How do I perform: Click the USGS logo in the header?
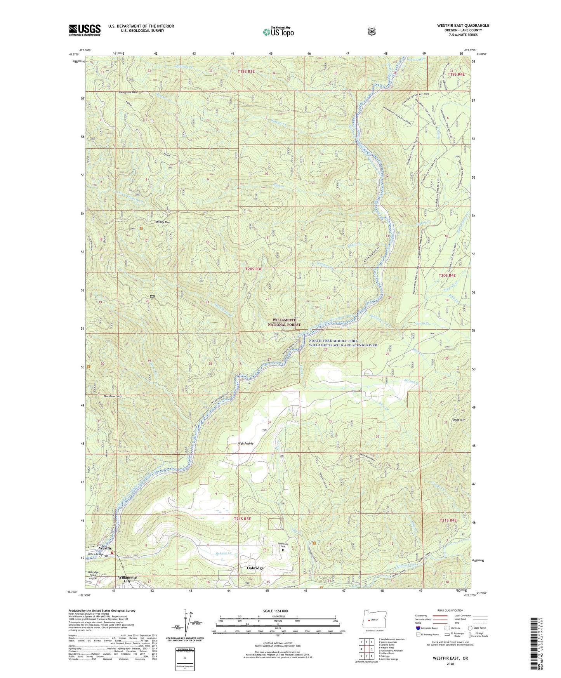(85, 30)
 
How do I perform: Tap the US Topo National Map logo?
(278, 31)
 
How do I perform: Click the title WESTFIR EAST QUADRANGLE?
(463, 26)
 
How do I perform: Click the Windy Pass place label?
(163, 222)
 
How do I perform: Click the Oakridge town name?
(255, 568)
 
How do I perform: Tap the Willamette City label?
(127, 579)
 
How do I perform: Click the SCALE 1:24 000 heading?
(275, 611)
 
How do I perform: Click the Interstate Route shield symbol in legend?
(418, 628)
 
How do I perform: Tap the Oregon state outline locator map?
(372, 617)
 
